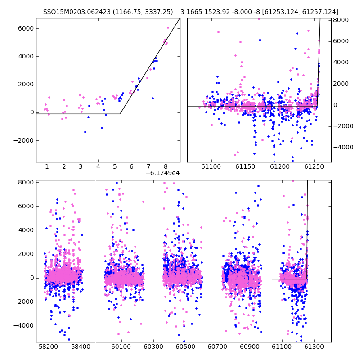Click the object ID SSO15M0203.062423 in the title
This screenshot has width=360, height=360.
77,12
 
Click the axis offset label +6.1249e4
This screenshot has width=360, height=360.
162,173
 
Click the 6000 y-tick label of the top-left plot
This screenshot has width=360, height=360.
26,28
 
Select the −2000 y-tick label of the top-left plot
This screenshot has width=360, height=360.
24,140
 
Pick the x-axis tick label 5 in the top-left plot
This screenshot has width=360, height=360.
115,166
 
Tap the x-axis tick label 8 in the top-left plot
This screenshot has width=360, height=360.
166,166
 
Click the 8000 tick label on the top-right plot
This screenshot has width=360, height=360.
341,20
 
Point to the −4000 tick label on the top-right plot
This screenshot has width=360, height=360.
343,148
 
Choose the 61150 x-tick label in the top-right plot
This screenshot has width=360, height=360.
245,166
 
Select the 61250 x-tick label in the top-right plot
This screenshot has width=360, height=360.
314,166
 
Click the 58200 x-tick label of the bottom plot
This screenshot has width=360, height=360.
48,346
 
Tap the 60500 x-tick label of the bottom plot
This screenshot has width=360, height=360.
185,346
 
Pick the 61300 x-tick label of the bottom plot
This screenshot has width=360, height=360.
314,346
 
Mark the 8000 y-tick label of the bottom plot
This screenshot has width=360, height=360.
26,183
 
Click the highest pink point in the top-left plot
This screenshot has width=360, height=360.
168,28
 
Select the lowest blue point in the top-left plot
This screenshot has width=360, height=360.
85,132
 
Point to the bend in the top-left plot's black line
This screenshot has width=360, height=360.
120,114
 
